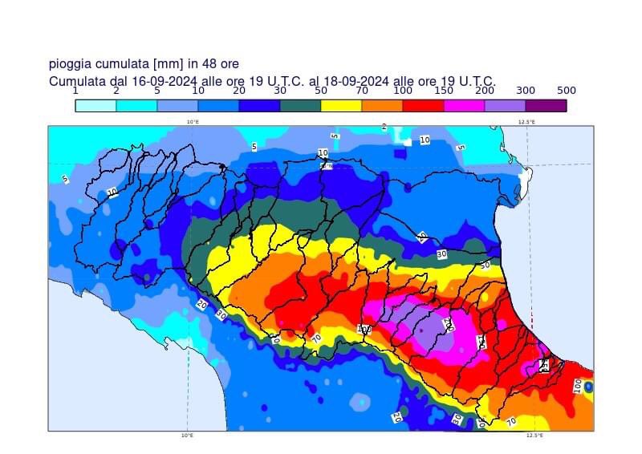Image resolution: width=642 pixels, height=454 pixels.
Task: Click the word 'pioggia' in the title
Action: [x=71, y=64]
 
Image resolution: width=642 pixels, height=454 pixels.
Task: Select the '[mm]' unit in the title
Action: [x=166, y=64]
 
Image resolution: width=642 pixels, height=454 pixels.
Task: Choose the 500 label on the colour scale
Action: [x=567, y=91]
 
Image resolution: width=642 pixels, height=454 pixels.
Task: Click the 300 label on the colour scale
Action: [x=526, y=91]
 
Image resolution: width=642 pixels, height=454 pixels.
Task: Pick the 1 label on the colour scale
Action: [x=75, y=91]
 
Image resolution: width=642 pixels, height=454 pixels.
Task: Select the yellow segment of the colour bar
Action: [x=341, y=105]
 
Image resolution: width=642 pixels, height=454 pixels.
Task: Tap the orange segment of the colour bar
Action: [x=382, y=105]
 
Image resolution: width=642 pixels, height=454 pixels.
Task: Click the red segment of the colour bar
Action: [x=423, y=105]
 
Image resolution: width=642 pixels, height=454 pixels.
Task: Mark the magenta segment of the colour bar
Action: [x=464, y=105]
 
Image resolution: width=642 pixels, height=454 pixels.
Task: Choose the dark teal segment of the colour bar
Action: [x=300, y=105]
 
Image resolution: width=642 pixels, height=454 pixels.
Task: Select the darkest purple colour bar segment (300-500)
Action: [x=546, y=105]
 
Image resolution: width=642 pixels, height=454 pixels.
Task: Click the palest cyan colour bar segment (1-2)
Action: [x=95, y=105]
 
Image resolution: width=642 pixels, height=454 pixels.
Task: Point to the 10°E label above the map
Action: [x=193, y=122]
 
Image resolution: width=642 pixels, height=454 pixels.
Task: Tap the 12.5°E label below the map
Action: [x=534, y=436]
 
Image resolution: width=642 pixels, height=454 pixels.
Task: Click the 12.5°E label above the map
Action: [x=526, y=122]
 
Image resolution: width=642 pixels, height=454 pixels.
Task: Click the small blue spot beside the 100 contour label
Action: [x=588, y=387]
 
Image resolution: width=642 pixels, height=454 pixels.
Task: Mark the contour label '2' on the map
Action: [x=384, y=127]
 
